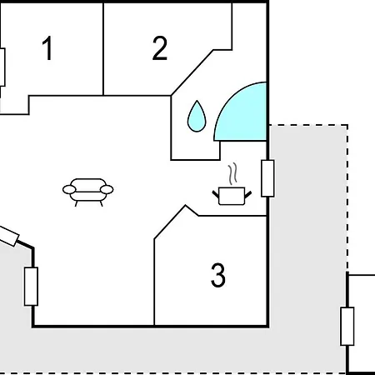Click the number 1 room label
[x=47, y=47]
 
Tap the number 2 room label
[x=160, y=47]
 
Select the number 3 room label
[x=218, y=275]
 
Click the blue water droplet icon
[x=197, y=117]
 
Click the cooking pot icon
[x=232, y=196]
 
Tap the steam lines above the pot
[x=233, y=173]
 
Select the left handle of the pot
[x=216, y=194]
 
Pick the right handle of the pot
[x=248, y=194]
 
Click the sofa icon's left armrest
[x=69, y=190]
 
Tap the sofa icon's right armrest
[x=107, y=190]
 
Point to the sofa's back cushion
[x=88, y=184]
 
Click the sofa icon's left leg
[x=77, y=203]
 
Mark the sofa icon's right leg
[x=102, y=203]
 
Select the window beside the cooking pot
[x=267, y=178]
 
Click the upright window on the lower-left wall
[x=31, y=287]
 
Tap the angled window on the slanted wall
[x=8, y=236]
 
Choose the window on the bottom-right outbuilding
[x=347, y=327]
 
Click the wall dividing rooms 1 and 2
[x=103, y=49]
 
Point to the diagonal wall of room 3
[x=170, y=222]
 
